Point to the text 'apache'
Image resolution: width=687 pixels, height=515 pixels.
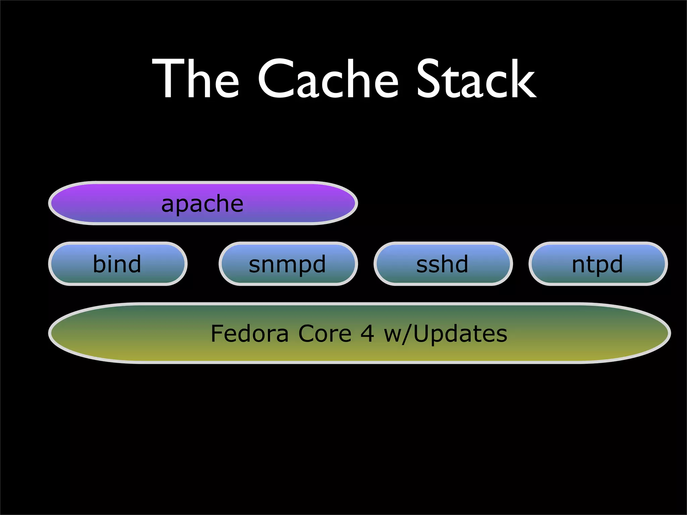[202, 204]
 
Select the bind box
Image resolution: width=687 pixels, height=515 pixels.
[117, 264]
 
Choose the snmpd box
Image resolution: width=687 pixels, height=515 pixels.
[288, 264]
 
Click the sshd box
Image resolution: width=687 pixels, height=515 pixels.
[443, 264]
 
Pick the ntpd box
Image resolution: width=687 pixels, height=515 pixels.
[598, 264]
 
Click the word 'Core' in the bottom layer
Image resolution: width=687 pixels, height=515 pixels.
[325, 334]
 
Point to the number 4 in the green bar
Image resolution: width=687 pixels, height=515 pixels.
[367, 334]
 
